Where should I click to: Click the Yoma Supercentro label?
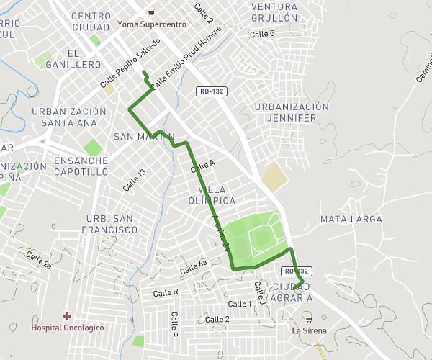coord(151,24)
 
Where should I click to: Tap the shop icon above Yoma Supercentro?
coord(150,12)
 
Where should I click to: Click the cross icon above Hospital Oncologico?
coord(67,316)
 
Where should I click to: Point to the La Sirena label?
coord(309,330)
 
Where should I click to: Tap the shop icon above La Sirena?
coord(309,319)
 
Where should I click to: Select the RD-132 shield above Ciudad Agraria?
coord(297,271)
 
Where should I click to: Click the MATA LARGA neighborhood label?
coord(351,219)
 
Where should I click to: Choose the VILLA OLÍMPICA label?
coord(212,194)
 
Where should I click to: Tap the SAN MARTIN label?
coord(144,136)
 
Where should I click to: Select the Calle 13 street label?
coord(134,179)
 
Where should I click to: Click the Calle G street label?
coord(262,34)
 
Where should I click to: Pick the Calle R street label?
coord(166,292)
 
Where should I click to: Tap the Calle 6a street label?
coord(193,267)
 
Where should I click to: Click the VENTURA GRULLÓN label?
coord(274,12)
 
